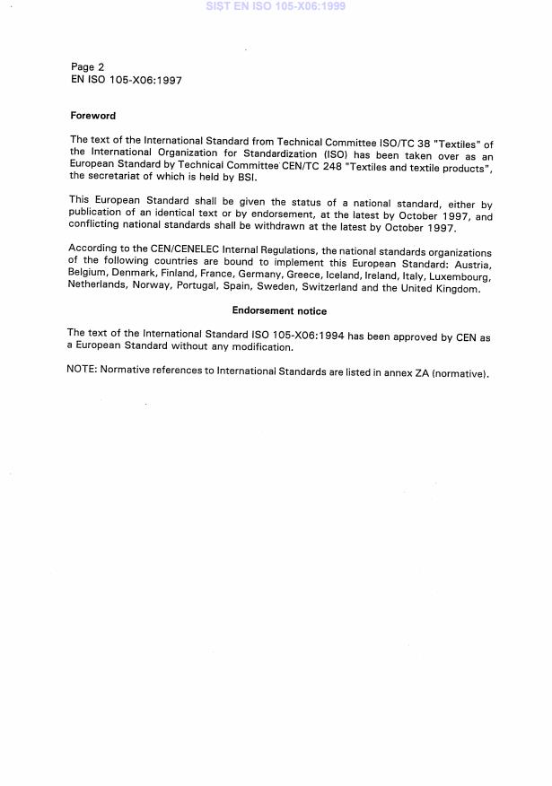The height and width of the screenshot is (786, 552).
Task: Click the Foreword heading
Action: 92,116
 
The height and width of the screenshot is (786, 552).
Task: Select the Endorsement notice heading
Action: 279,311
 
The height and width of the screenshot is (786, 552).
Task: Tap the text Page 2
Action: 87,67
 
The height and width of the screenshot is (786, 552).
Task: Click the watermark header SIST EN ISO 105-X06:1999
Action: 276,6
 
